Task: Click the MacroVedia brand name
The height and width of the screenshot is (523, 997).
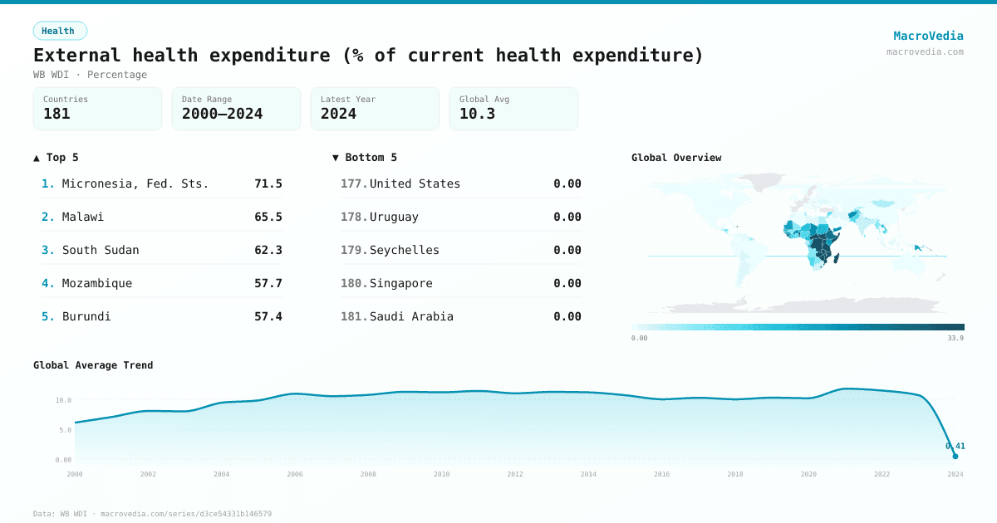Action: (x=928, y=36)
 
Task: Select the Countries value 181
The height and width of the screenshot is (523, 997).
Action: (x=56, y=114)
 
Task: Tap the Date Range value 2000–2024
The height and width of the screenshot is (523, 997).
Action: (x=222, y=114)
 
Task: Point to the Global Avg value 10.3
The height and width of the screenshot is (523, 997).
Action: (x=477, y=114)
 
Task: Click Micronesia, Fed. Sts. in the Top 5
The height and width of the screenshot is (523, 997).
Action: (x=135, y=183)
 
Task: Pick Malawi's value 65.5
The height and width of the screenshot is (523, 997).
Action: (x=268, y=217)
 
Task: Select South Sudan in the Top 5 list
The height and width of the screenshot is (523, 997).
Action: (x=101, y=250)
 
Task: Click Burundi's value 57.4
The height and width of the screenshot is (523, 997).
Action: (x=268, y=316)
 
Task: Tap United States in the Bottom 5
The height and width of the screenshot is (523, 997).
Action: (x=415, y=183)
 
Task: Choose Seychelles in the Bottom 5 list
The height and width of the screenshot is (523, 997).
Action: (x=405, y=250)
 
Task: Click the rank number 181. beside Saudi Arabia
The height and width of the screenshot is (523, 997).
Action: (x=354, y=316)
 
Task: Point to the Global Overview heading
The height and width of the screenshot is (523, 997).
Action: (x=676, y=158)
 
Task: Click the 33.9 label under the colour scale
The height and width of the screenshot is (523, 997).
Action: (x=955, y=338)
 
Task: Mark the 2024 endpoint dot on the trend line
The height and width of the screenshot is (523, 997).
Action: (x=955, y=456)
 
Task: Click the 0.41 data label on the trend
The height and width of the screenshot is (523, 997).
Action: (x=955, y=446)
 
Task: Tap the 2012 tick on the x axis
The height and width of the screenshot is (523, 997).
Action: (x=515, y=474)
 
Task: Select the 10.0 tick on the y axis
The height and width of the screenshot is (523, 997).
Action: (x=63, y=400)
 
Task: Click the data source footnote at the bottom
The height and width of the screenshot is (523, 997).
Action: (x=152, y=514)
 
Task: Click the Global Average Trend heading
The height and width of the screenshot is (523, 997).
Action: (x=93, y=365)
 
